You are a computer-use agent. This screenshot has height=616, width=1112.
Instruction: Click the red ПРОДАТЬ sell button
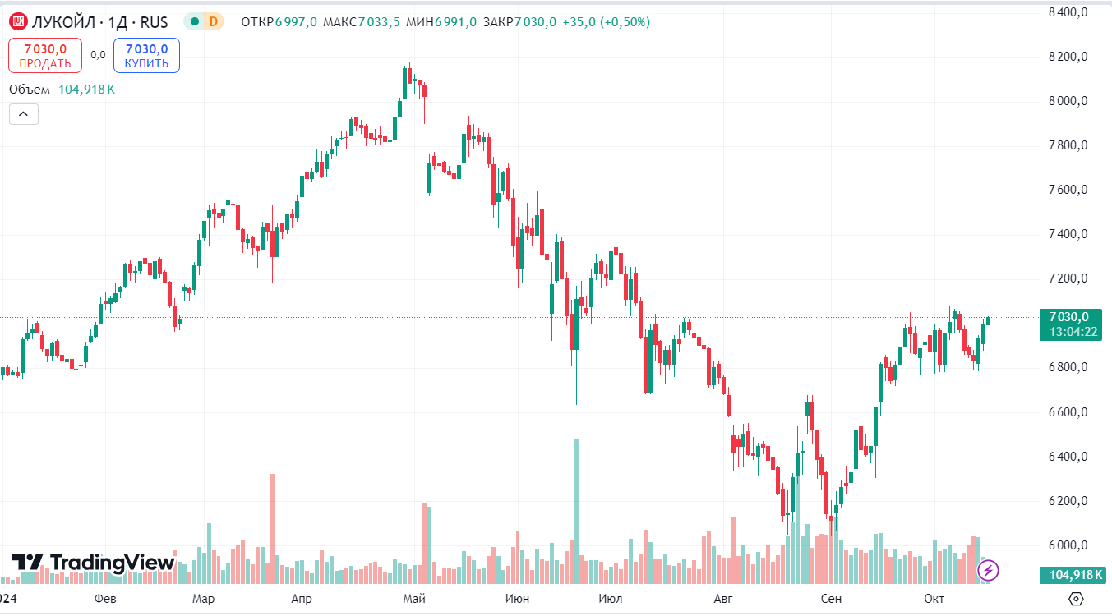tap(45, 56)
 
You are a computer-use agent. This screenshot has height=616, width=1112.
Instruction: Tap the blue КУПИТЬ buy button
tap(146, 56)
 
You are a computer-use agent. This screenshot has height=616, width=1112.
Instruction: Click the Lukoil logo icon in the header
tap(18, 22)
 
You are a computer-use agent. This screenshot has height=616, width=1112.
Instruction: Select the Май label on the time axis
tap(413, 599)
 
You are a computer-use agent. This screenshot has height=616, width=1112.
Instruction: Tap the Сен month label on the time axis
tap(831, 599)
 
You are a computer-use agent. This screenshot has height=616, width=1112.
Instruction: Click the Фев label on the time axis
tap(105, 599)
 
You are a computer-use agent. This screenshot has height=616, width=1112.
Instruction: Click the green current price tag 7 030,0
tap(1068, 317)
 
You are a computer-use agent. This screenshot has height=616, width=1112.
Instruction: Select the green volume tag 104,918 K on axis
tap(1072, 575)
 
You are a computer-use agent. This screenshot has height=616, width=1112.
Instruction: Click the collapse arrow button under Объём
tap(24, 114)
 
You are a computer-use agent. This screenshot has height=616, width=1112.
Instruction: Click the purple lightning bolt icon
tap(989, 569)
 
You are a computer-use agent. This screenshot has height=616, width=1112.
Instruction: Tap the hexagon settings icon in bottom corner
tap(1077, 598)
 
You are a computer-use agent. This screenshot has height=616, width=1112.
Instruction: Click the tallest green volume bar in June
tap(576, 509)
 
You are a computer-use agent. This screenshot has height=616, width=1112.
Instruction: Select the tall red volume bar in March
tap(272, 526)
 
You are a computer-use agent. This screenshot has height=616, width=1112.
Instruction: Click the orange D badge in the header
tap(214, 22)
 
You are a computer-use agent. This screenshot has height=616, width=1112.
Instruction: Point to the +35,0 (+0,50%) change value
tap(606, 22)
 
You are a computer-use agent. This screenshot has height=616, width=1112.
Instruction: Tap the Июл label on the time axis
tap(610, 599)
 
